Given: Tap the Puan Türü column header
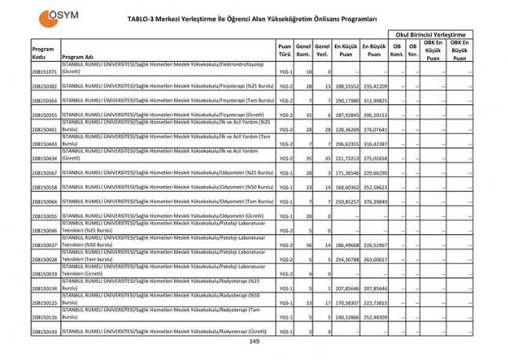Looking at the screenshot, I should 284,51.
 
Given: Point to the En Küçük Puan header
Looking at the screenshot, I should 346,51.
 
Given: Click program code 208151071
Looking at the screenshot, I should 44,72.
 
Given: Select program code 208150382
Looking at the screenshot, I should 44,87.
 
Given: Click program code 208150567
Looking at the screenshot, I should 44,173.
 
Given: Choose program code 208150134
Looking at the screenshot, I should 44,289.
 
